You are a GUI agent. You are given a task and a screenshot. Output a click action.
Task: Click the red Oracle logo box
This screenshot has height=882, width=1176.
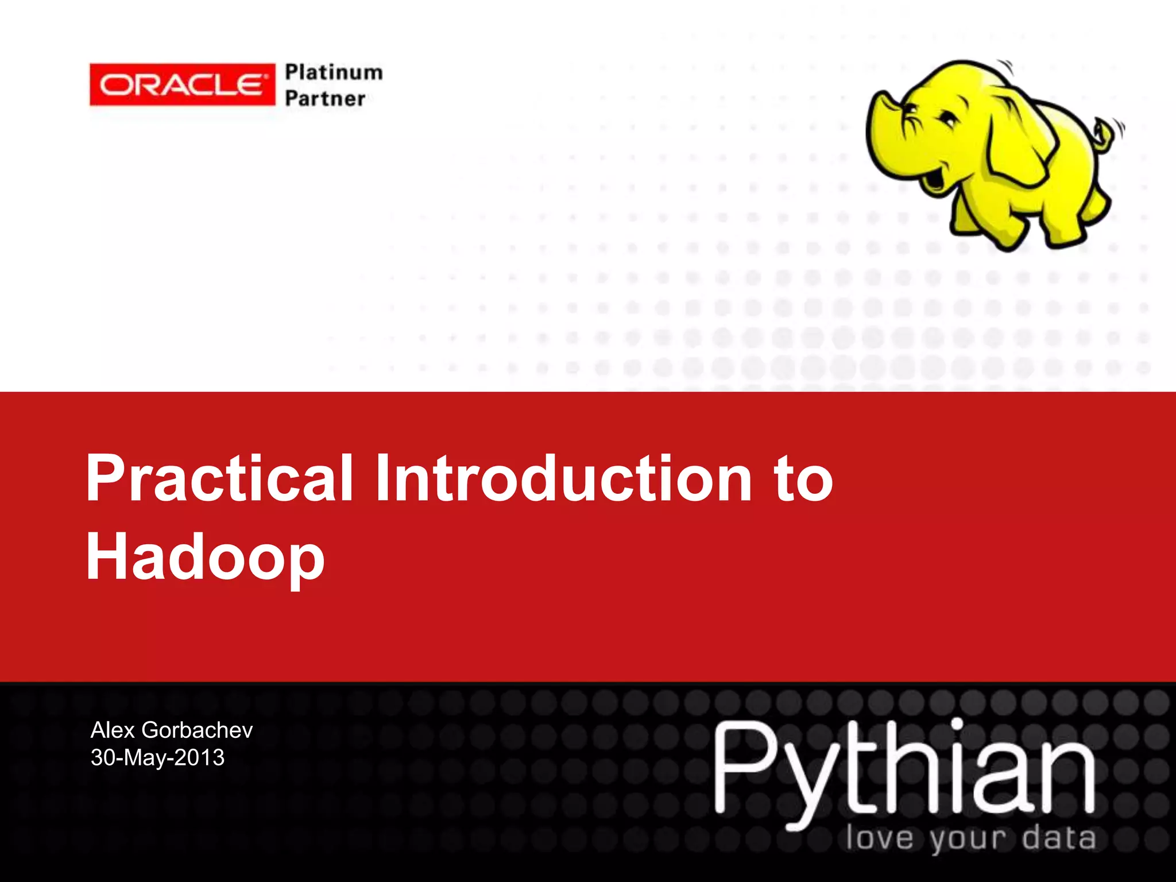point(182,85)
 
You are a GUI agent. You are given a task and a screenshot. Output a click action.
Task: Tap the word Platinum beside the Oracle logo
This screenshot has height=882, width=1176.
point(334,72)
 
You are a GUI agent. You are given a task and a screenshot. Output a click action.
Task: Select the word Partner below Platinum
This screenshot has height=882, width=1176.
point(325,99)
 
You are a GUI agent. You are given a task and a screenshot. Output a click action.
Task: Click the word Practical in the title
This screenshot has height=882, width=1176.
point(219,478)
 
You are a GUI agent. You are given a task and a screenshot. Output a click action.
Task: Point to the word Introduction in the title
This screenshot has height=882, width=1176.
point(563,478)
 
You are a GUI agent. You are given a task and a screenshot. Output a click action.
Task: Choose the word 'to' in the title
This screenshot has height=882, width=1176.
point(803,479)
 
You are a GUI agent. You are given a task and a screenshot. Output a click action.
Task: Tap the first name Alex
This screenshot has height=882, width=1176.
point(113,730)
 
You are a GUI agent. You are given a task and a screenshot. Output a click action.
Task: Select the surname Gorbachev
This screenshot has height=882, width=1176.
point(197,730)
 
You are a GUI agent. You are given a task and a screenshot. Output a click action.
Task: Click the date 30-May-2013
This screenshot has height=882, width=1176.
point(157,758)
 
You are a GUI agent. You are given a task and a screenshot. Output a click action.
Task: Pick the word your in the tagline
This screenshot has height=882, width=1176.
point(968,840)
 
